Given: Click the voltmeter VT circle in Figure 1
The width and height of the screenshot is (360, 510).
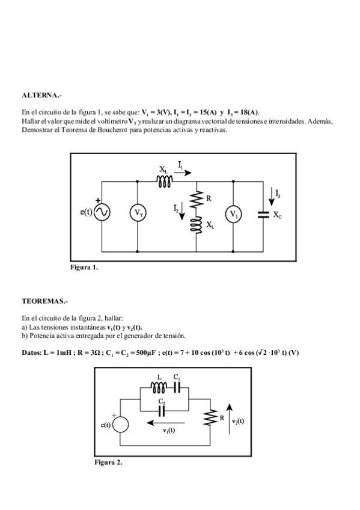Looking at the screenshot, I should click(138, 213).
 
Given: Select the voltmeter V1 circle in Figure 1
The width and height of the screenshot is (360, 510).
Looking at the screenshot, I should click(233, 214).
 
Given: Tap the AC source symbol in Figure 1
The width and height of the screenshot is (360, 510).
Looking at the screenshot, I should click(102, 213).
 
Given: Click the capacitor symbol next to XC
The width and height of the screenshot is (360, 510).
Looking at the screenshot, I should click(263, 214).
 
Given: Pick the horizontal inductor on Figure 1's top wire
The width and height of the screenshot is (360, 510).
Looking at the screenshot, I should click(165, 180).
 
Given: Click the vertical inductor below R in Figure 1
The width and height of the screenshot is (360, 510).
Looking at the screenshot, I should click(197, 225).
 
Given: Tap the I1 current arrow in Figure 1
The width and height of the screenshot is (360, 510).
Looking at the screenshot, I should click(185, 171).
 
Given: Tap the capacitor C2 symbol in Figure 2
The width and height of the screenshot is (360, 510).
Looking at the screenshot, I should click(162, 410).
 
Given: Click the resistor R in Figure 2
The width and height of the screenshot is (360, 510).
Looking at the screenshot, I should click(211, 419).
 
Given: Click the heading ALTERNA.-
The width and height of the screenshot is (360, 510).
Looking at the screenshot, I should click(41, 95).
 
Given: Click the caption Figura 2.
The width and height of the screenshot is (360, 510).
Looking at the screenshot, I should click(108, 462).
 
